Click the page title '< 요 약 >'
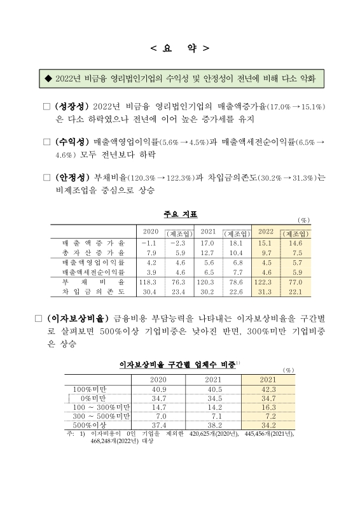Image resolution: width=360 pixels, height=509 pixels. point(179,48)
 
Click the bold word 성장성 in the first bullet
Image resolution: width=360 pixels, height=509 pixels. point(73,106)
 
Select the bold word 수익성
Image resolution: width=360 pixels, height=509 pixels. point(73,141)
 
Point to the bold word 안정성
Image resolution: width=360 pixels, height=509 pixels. point(73,177)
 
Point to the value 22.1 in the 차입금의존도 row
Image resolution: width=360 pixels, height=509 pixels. point(294,291)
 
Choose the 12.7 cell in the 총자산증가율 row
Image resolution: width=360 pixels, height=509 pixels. point(207,253)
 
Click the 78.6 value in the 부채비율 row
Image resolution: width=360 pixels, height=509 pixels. point(235,281)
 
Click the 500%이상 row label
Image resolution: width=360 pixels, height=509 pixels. point(89,425)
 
